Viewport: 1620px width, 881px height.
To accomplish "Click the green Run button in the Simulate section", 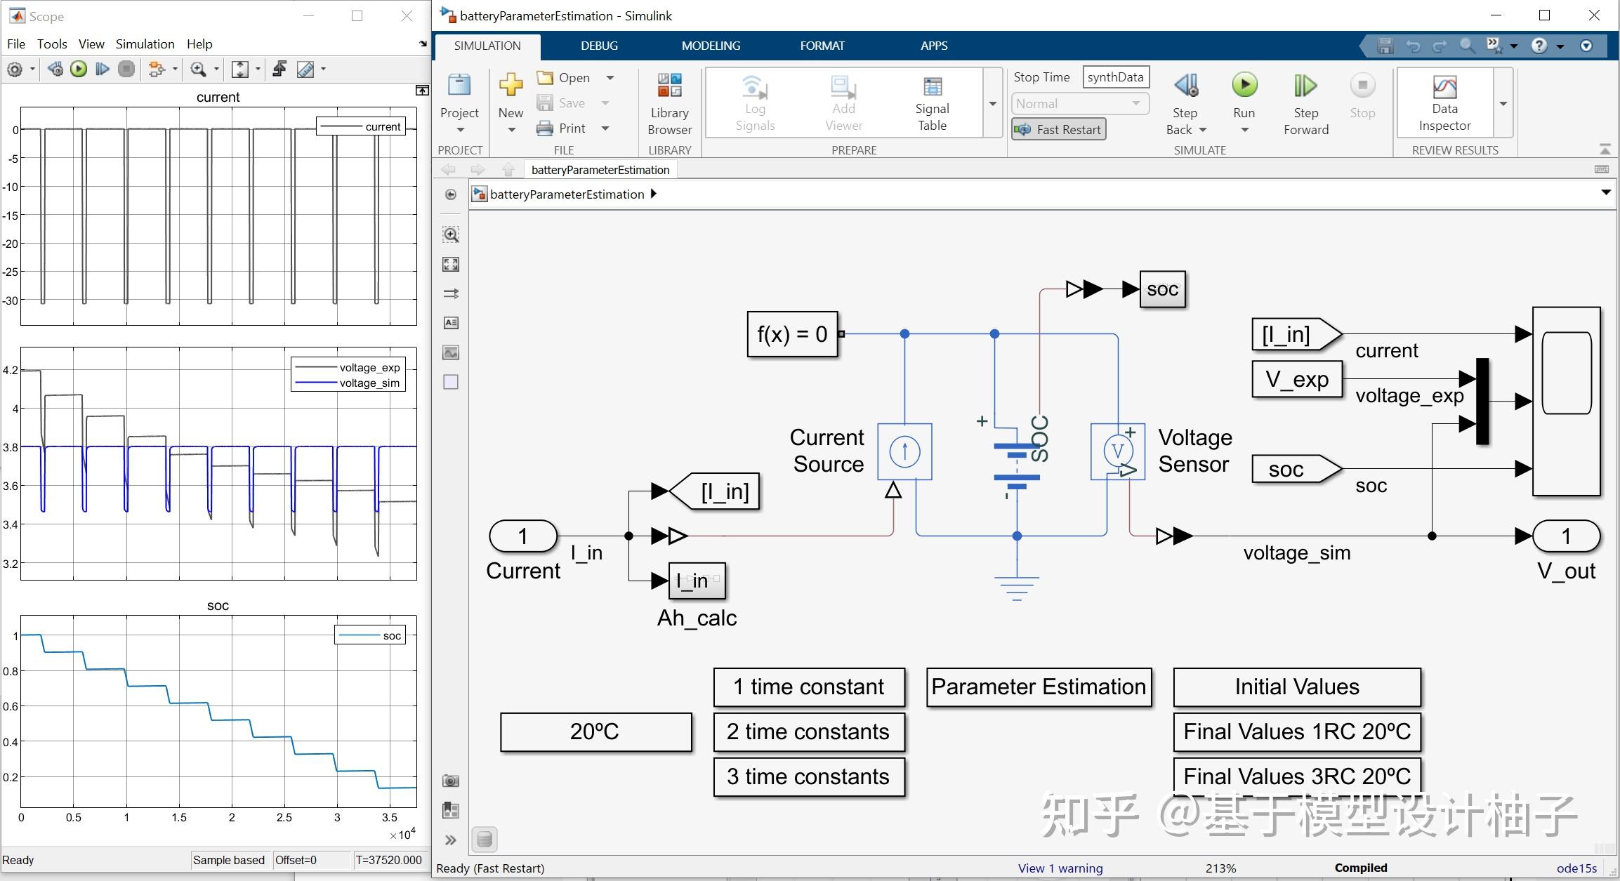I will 1244,86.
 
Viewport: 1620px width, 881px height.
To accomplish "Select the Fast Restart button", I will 1059,129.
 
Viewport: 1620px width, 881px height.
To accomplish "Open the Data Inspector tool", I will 1444,102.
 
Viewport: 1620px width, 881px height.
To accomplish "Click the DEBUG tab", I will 599,46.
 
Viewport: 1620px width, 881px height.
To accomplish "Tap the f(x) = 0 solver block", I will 792,334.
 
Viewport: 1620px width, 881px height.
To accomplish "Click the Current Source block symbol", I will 904,451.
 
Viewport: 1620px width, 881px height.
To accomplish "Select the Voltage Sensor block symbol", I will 1117,451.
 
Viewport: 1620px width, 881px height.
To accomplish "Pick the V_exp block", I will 1296,379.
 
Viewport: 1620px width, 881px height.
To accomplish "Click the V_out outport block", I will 1566,536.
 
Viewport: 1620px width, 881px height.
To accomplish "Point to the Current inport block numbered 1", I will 522,536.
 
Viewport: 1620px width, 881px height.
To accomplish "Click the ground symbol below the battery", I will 1016,587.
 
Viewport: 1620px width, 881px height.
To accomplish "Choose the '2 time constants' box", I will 808,731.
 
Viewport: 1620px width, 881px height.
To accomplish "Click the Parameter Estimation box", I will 1039,687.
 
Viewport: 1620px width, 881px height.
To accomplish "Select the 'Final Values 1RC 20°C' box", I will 1296,731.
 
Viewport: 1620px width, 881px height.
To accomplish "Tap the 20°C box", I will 595,731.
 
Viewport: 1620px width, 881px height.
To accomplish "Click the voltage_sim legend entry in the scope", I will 369,383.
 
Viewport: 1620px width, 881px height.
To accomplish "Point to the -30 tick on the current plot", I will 11,300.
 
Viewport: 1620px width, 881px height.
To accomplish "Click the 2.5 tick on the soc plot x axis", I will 284,818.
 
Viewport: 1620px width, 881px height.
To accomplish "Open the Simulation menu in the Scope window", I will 145,44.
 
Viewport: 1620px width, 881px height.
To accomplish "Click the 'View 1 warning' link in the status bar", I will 1060,868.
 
